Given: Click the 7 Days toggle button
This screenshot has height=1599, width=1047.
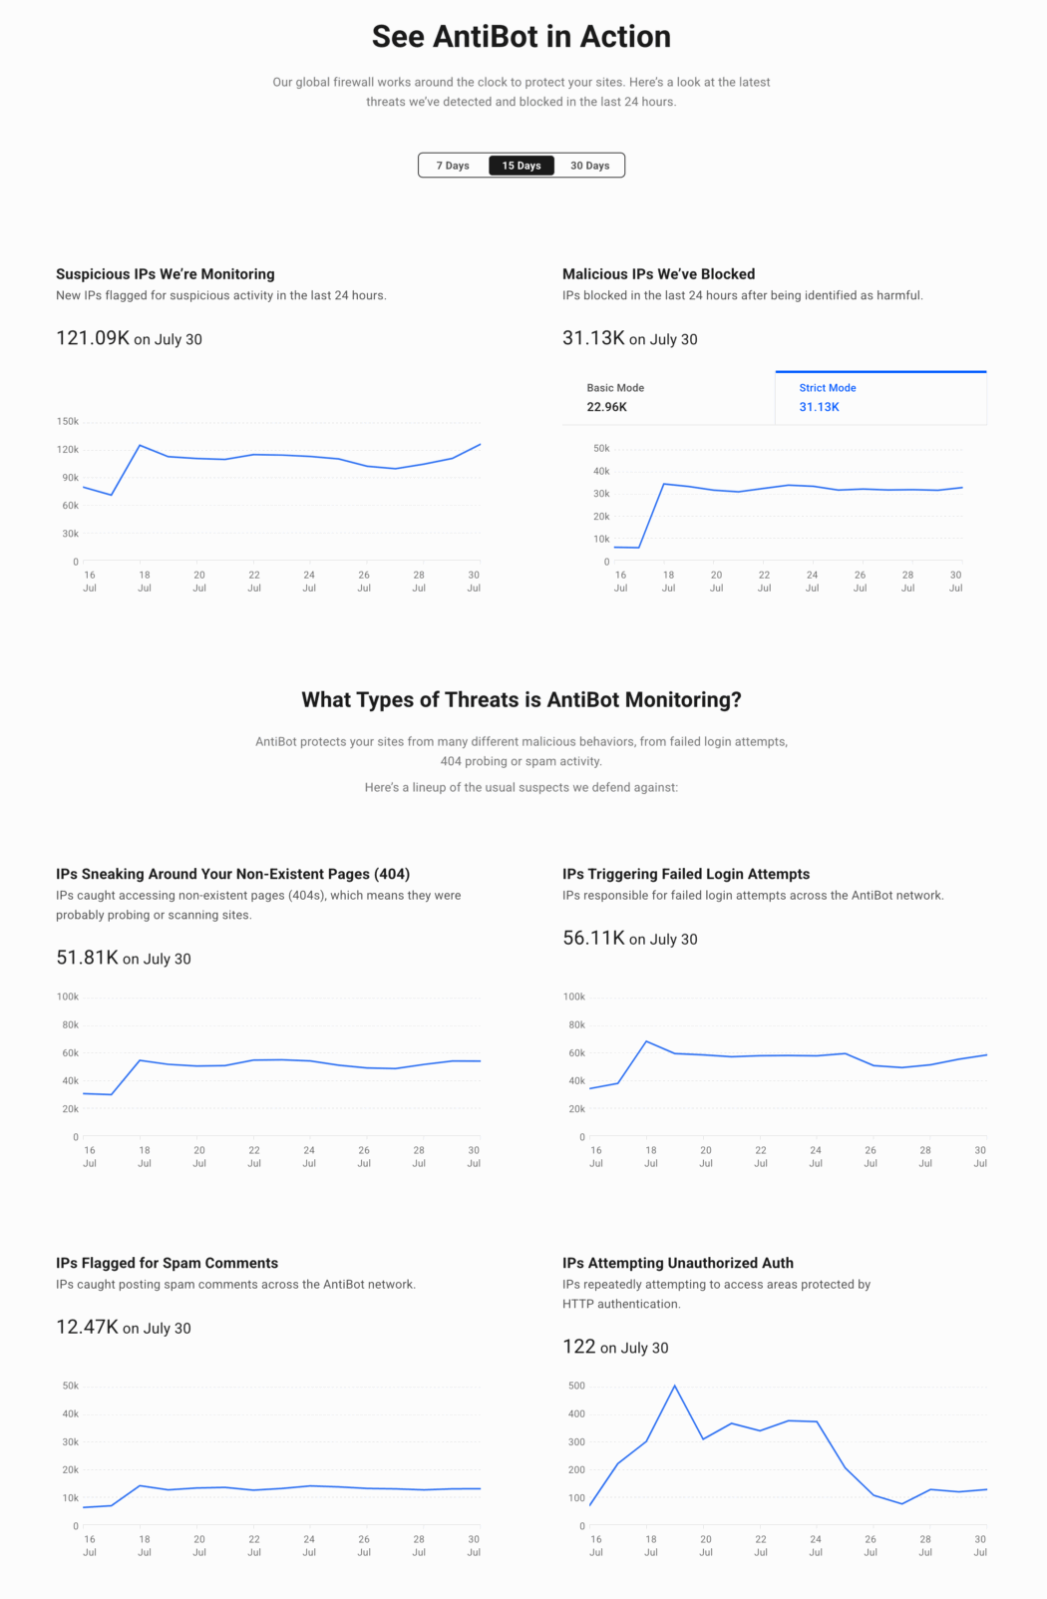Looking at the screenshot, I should pos(453,166).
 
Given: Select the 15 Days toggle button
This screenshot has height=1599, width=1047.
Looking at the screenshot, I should pos(522,166).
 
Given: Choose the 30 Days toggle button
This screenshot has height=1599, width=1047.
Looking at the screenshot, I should pos(589,166).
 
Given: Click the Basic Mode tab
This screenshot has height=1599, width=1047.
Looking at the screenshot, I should pos(668,398).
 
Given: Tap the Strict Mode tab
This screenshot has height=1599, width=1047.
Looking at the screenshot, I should pos(880,398).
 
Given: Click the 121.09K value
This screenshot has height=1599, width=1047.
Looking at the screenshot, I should pos(93,338).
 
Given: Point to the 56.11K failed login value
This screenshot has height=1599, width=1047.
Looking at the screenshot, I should pos(593,938).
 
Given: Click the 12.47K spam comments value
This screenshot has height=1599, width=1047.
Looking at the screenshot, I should pos(87,1327).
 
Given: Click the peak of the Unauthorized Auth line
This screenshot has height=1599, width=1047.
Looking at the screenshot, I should pos(675,1386).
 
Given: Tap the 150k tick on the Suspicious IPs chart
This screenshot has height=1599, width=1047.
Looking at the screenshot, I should pos(68,422).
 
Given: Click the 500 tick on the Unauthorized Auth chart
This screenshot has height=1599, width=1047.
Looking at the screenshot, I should pos(576,1386).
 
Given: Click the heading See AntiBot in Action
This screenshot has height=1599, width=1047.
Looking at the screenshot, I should pos(522,37).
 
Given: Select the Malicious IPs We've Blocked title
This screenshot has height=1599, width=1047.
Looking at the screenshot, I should pos(658,274).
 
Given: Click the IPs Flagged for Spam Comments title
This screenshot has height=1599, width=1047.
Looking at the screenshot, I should pos(167,1263).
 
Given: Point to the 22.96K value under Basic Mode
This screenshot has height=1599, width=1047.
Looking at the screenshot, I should pos(606,407).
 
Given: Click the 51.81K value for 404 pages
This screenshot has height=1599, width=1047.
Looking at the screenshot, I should pos(87,958).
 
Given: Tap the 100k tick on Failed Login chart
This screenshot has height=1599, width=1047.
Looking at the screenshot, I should pos(574,997).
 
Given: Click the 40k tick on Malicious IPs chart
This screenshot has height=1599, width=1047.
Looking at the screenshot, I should pos(600,472).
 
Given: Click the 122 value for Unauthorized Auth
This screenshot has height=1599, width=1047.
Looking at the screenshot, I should pos(578,1347).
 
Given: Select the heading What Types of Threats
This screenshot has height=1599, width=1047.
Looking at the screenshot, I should pos(522,700).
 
